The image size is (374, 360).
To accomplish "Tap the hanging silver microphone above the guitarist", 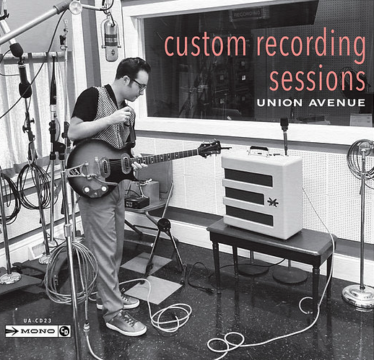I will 110,40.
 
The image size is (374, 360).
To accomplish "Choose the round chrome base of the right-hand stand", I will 357,297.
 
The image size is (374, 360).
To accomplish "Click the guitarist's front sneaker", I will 126,324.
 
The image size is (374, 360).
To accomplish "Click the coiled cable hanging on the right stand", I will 359,162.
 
